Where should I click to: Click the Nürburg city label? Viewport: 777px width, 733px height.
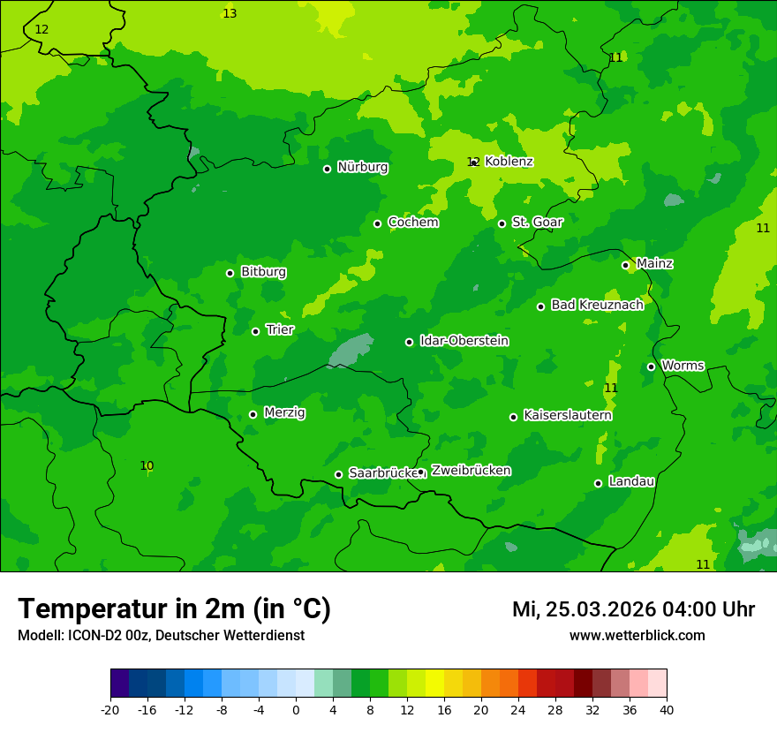(x=362, y=167)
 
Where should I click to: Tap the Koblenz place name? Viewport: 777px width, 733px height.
(x=509, y=162)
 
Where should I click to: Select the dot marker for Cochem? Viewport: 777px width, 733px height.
(x=377, y=223)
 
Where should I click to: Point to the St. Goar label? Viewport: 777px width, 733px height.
(x=537, y=222)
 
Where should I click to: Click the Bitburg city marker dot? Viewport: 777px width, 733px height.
(x=230, y=273)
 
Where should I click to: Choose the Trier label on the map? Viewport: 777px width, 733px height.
(x=280, y=329)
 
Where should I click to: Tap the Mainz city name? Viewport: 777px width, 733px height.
(x=654, y=263)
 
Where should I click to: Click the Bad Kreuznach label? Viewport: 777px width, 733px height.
(x=597, y=305)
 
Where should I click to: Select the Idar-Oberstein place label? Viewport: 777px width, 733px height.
(x=464, y=340)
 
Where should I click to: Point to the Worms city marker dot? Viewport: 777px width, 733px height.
(x=651, y=366)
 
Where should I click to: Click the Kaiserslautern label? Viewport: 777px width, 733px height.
(x=567, y=415)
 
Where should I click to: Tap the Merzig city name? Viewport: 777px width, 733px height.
(x=284, y=412)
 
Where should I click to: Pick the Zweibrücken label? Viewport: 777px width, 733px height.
(x=471, y=470)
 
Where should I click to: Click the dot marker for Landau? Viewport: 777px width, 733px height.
(x=598, y=483)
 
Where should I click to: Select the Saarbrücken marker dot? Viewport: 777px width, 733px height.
(x=338, y=474)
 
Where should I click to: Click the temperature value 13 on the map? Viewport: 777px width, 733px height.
(x=230, y=13)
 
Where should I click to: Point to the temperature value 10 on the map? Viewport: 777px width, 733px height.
(x=147, y=465)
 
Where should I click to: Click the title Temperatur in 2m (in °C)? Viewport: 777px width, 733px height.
(x=174, y=608)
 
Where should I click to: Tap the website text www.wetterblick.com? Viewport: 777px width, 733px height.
(x=637, y=635)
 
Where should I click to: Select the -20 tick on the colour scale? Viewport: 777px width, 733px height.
(x=110, y=709)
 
